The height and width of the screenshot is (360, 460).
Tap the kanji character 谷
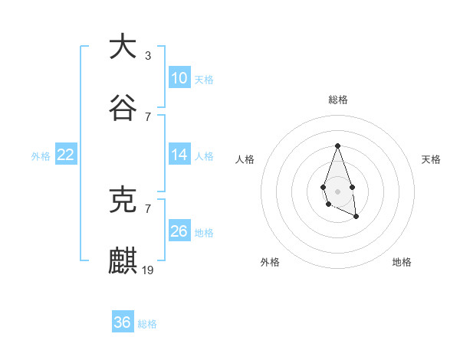click(123, 109)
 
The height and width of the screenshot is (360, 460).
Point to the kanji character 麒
click(123, 260)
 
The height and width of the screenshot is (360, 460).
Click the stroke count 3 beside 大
click(148, 55)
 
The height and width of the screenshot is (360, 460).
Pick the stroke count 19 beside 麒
click(148, 270)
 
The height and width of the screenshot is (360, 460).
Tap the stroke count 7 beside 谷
click(148, 117)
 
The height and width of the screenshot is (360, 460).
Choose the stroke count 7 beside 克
click(148, 208)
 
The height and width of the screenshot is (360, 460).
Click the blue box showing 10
click(179, 78)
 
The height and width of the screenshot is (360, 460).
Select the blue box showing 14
click(179, 155)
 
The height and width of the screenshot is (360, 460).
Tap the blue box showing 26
click(179, 231)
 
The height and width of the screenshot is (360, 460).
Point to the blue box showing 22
click(66, 155)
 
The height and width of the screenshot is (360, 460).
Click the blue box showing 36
click(123, 322)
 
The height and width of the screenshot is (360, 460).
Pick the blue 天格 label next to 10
click(204, 80)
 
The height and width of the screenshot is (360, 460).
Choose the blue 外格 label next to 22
click(41, 156)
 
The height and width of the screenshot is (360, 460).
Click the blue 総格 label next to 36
click(147, 324)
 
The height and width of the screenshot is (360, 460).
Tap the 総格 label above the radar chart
click(337, 100)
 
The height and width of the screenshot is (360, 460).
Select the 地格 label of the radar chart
click(402, 262)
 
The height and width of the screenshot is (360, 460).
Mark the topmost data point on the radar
click(337, 145)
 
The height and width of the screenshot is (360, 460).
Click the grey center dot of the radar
click(337, 190)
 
